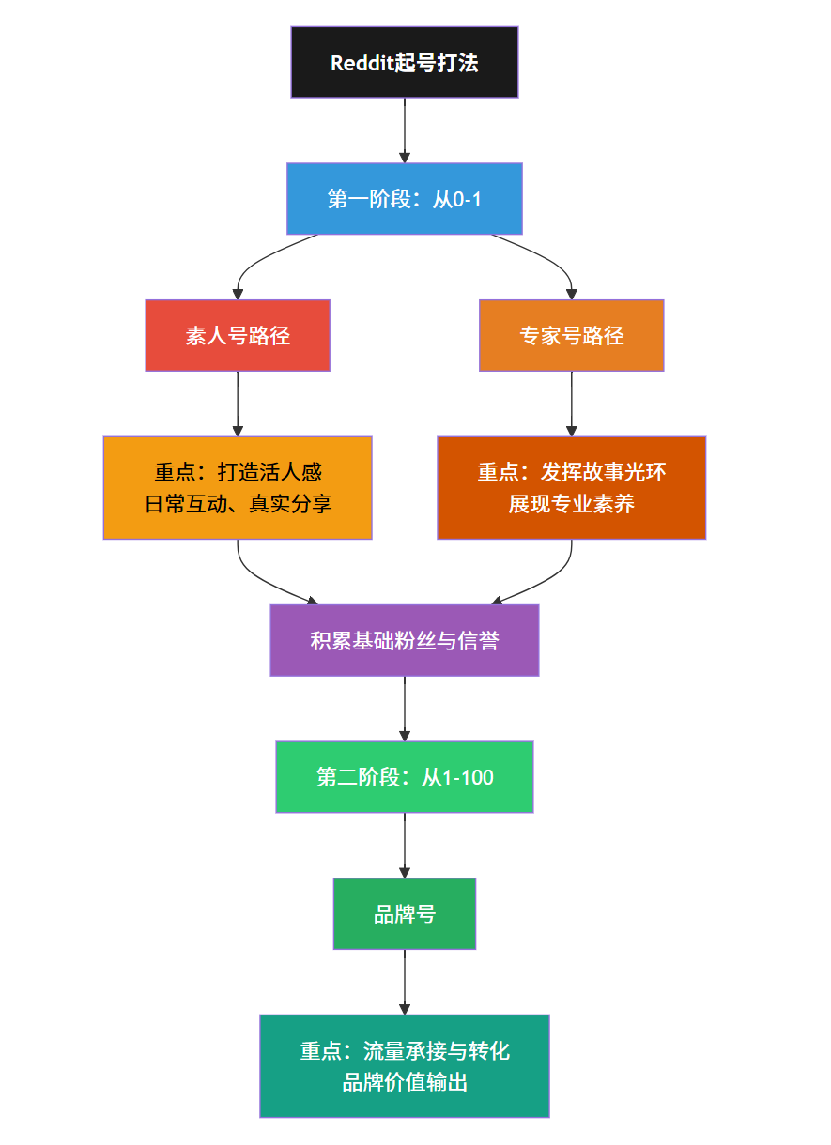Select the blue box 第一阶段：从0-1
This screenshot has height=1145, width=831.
(404, 198)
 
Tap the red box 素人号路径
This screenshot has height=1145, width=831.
(238, 335)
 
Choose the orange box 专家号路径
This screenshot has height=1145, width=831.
(571, 335)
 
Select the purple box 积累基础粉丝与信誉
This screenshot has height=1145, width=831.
(404, 640)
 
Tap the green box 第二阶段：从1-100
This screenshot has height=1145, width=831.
(404, 777)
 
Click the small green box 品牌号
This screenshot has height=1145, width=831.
(404, 913)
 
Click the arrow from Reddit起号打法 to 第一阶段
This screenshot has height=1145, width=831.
(404, 130)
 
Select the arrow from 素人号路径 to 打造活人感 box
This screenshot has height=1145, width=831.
(238, 404)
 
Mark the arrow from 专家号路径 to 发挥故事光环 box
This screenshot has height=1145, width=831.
(571, 404)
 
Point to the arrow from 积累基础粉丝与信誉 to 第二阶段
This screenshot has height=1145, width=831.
(404, 709)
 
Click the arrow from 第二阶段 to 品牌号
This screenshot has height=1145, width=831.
(404, 845)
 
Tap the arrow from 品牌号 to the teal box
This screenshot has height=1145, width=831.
(404, 982)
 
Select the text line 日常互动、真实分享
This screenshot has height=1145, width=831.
(238, 504)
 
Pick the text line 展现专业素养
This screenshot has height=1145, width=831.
(571, 504)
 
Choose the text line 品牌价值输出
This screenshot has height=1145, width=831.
(404, 1082)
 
